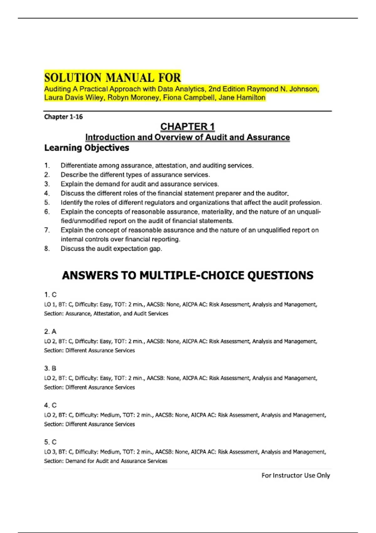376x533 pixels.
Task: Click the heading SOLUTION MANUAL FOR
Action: click(x=112, y=77)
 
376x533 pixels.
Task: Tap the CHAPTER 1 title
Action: click(x=187, y=127)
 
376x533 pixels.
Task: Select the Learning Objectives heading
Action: click(x=86, y=148)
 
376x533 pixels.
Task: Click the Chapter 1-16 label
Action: click(x=63, y=117)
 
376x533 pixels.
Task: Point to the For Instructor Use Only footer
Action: click(x=295, y=475)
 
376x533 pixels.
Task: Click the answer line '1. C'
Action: click(x=50, y=295)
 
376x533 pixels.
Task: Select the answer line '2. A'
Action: click(x=50, y=331)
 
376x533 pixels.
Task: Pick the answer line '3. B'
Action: click(x=50, y=368)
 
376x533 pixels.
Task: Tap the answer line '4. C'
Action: click(x=50, y=405)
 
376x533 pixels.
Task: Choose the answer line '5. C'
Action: click(x=50, y=442)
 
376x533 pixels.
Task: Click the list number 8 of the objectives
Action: click(x=47, y=249)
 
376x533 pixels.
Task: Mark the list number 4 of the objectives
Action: click(x=47, y=193)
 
